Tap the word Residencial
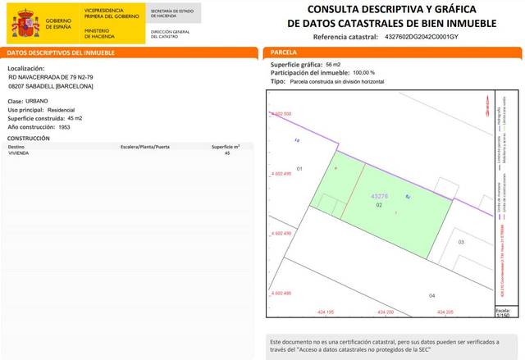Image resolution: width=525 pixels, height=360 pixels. (x=62, y=109)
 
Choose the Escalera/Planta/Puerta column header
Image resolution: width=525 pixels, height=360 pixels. (x=146, y=146)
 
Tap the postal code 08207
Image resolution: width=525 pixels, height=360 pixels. (x=16, y=86)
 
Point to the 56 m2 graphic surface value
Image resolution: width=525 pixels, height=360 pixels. (x=333, y=64)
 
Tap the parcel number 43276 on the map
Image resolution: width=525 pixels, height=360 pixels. (x=380, y=197)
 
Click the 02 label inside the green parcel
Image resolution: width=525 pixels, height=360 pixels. (x=379, y=206)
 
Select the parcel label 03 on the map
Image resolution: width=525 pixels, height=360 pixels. (x=461, y=243)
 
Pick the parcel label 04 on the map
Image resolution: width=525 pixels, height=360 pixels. (x=432, y=294)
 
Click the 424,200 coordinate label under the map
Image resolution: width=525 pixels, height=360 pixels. (x=386, y=313)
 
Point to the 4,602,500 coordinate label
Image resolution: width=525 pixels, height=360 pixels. (x=281, y=113)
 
